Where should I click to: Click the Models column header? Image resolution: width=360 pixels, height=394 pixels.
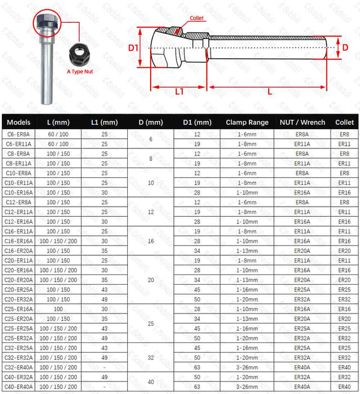[19, 122]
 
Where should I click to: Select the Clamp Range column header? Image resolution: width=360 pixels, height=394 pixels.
[247, 122]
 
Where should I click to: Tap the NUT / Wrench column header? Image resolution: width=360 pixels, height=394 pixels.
[302, 122]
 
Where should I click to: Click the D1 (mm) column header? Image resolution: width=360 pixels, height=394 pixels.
[197, 122]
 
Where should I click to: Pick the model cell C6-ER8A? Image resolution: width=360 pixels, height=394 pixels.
[19, 135]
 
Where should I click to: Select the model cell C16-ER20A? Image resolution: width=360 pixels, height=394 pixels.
[19, 250]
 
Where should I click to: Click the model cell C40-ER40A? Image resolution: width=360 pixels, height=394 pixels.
[19, 386]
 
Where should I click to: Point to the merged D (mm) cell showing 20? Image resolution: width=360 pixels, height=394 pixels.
[151, 279]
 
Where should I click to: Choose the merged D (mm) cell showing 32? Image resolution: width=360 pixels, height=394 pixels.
[151, 357]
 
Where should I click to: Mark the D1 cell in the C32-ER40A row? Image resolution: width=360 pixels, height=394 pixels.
[197, 366]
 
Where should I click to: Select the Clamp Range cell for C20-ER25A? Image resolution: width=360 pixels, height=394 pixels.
[247, 289]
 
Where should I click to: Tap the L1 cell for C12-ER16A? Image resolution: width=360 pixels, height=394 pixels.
[104, 221]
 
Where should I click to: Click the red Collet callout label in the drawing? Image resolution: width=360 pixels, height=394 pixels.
[197, 19]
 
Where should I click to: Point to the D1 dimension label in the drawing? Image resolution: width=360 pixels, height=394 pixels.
[134, 47]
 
